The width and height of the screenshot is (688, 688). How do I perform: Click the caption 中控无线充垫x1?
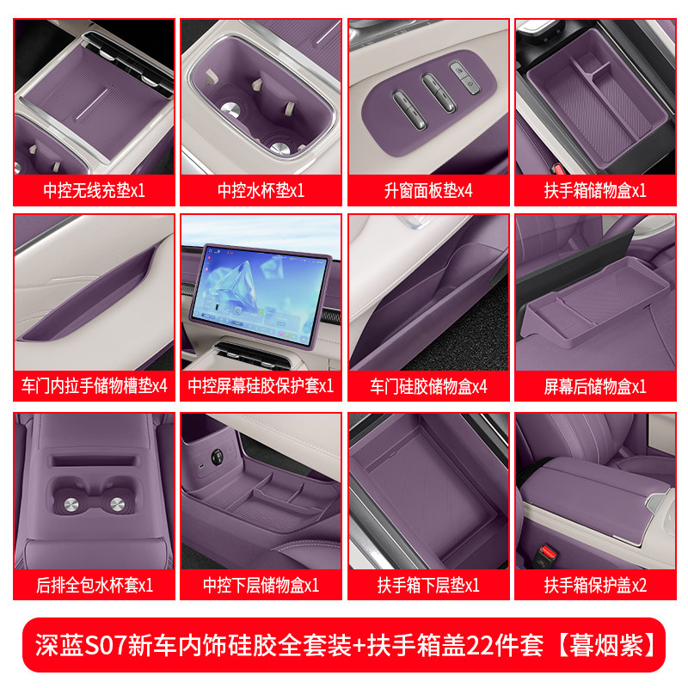click(94, 190)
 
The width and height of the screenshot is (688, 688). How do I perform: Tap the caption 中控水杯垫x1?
click(261, 190)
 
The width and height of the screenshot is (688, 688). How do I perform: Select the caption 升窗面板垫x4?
click(428, 190)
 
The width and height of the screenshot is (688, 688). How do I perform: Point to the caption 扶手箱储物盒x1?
click(595, 190)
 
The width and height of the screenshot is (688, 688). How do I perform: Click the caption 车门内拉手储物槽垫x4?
click(94, 386)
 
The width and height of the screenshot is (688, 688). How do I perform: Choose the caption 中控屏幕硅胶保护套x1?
click(261, 386)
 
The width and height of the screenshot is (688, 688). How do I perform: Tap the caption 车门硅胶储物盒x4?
click(428, 386)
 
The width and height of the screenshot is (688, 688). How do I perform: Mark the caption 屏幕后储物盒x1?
click(595, 386)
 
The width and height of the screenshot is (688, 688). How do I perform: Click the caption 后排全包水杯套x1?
click(94, 585)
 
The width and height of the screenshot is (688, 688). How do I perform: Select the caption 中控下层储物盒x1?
click(261, 585)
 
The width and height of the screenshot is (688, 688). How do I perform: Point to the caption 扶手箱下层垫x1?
click(428, 585)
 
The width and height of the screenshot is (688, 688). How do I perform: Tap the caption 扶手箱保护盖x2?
click(595, 585)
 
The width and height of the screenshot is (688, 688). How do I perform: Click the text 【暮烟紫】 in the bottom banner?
click(607, 645)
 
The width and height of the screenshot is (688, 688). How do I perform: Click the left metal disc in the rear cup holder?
click(71, 505)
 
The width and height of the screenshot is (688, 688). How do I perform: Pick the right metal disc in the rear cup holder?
click(117, 504)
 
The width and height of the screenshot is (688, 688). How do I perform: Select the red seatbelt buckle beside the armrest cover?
click(546, 554)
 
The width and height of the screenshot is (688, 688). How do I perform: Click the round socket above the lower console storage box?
click(217, 457)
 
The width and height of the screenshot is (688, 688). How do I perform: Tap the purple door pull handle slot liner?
click(88, 295)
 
